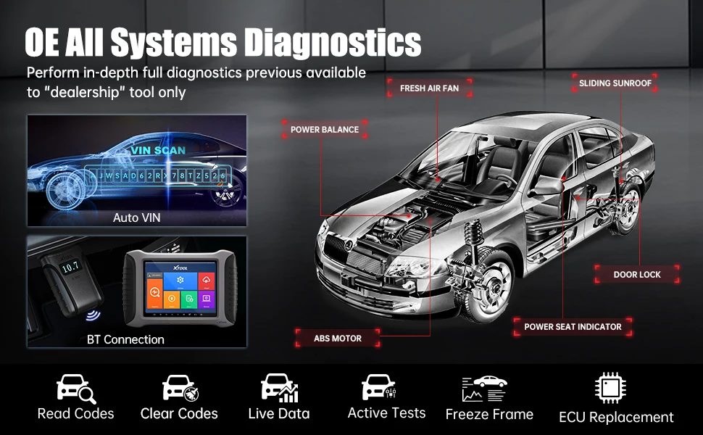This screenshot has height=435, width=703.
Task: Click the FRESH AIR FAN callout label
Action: (428, 88)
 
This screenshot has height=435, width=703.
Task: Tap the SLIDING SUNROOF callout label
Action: (615, 83)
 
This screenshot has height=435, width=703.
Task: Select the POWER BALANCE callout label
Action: (325, 130)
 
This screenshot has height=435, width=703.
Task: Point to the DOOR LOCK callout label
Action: (637, 275)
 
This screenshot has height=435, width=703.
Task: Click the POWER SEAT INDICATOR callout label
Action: (573, 327)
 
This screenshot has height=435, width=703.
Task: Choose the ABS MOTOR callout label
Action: (337, 339)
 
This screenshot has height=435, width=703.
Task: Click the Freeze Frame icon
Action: (485, 389)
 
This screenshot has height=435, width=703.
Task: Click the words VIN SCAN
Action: (158, 150)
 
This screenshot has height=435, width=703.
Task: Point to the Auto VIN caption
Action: (136, 217)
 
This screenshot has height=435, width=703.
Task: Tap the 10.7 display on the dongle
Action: (70, 268)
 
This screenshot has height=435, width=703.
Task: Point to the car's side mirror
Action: (549, 185)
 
